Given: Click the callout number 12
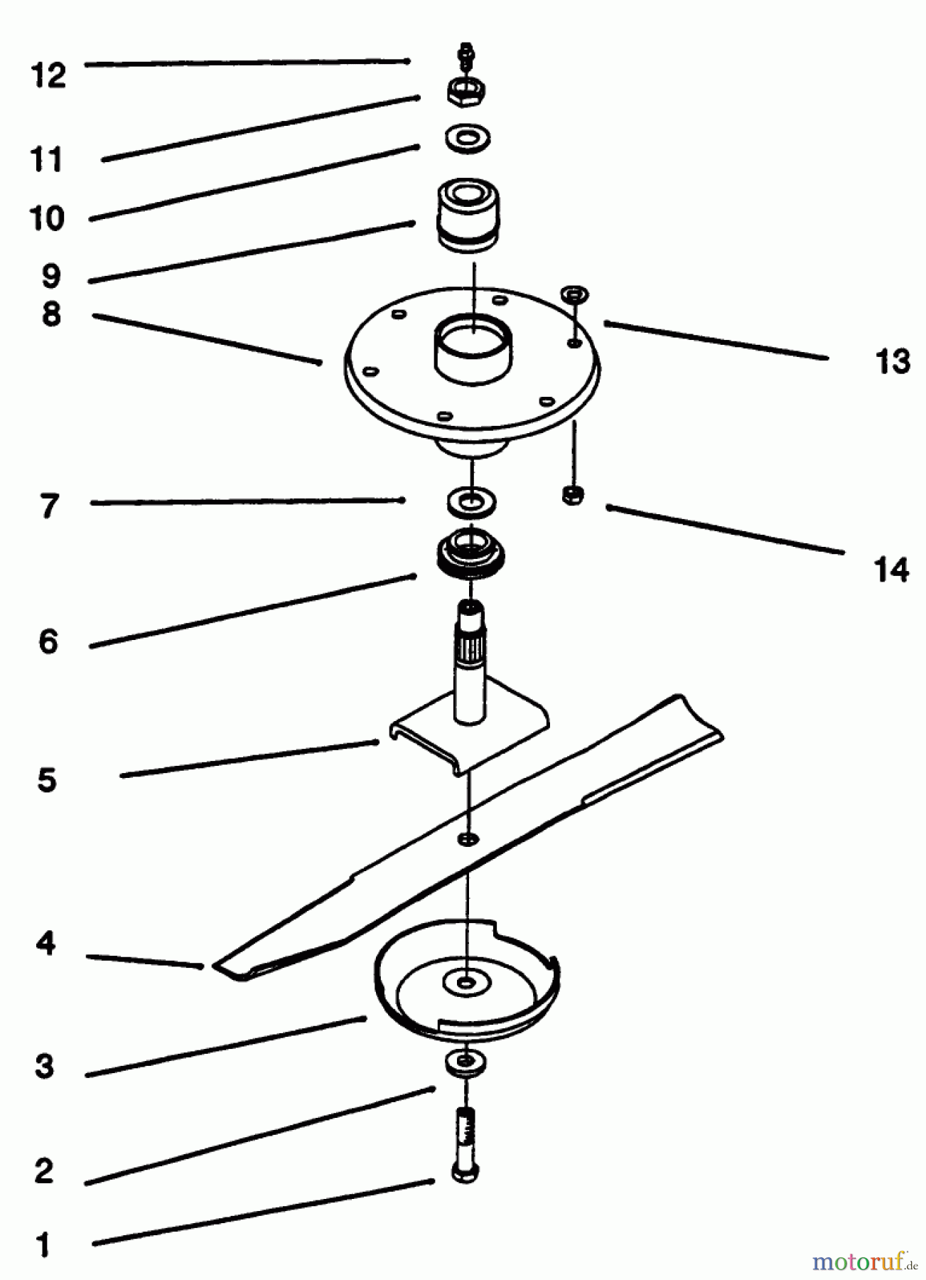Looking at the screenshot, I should (x=48, y=75).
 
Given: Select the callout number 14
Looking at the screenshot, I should (x=891, y=570).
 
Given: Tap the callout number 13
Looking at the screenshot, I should (x=893, y=362).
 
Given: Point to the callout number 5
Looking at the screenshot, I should (x=47, y=780).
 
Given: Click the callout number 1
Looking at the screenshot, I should (x=43, y=1245).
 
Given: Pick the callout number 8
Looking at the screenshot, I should (x=51, y=314).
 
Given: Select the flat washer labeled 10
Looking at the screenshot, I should (x=468, y=137).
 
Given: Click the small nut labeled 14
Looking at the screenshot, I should (x=572, y=494).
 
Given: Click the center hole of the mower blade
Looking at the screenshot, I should (x=467, y=840).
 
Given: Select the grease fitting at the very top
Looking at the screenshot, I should (x=467, y=54).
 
